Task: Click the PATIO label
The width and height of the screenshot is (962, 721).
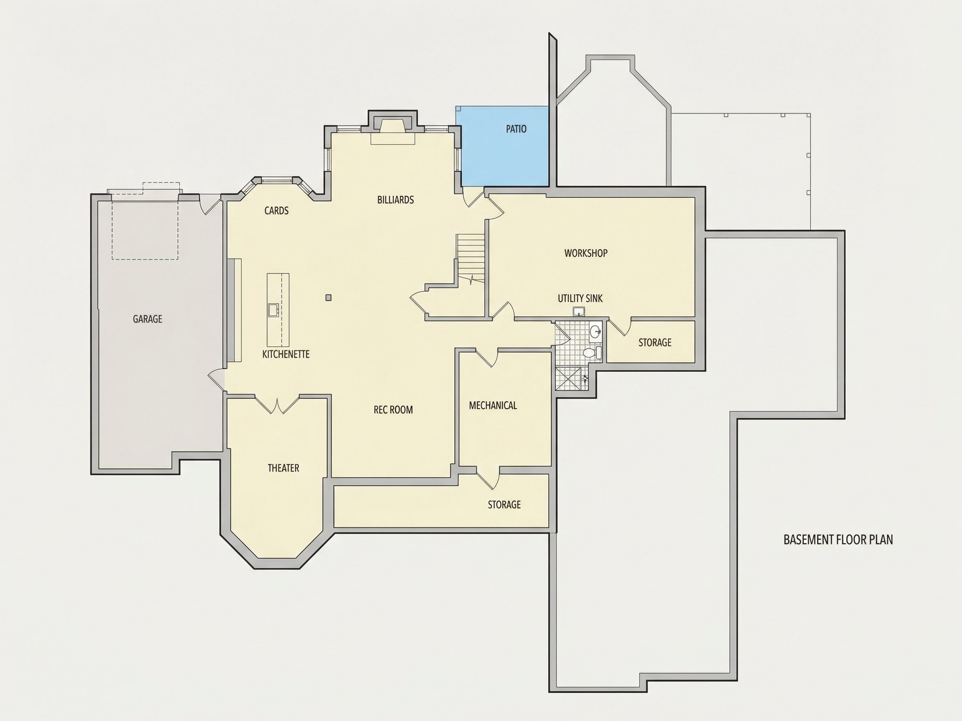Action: [x=516, y=129]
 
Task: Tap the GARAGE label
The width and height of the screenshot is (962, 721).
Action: [x=147, y=319]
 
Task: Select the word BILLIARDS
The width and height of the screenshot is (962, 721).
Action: [x=395, y=200]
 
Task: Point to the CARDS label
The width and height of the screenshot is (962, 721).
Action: [x=276, y=211]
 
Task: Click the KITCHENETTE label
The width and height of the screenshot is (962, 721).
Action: [x=286, y=354]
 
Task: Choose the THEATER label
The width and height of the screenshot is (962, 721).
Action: [x=284, y=468]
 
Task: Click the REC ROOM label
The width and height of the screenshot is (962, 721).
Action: [x=393, y=410]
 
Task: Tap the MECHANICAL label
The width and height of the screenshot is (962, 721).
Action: [x=493, y=406]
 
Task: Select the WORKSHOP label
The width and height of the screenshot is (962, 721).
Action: [x=586, y=253]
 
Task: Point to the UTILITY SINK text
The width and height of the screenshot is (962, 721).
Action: [x=580, y=299]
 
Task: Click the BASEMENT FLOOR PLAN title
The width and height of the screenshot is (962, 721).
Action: [x=838, y=540]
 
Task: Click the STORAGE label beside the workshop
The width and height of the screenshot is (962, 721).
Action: [x=655, y=343]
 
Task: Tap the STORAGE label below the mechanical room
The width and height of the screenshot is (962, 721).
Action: [x=504, y=504]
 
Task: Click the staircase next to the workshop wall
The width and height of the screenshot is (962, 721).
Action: [x=470, y=258]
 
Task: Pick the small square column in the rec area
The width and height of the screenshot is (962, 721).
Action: [x=328, y=297]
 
